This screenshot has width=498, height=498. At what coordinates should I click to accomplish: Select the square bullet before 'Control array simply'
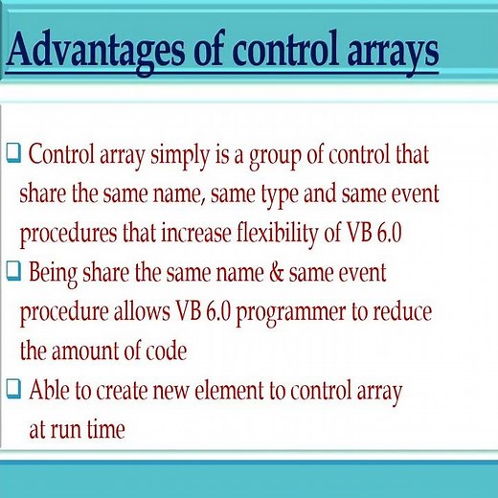pos(13,154)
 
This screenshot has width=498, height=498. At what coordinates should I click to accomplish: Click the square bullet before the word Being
pos(13,272)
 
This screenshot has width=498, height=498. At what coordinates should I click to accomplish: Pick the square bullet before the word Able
pos(13,390)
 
